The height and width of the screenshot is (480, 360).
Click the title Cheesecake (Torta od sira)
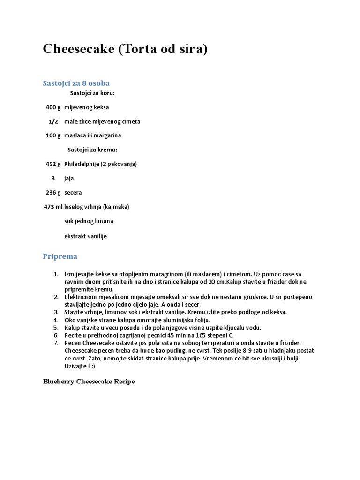coord(125,49)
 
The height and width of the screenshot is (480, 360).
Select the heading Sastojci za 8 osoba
coord(76,83)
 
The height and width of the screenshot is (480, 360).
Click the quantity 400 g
coord(53,107)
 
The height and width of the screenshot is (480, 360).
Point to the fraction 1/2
coord(53,121)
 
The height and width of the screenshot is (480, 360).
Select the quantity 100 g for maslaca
coord(53,135)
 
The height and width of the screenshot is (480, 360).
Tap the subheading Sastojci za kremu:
coord(92,150)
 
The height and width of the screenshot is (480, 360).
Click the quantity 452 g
coord(53,164)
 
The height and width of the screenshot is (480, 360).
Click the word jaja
coord(69,179)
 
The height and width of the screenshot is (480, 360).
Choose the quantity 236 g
coord(53,193)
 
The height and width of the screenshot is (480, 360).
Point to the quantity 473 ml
coord(52,207)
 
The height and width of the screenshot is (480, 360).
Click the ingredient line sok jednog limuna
coord(89,221)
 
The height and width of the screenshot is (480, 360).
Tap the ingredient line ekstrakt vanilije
coord(85,236)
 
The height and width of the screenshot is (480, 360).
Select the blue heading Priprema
coord(60,256)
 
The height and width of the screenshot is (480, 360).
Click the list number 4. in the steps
coord(55,320)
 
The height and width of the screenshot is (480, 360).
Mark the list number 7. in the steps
coord(55,343)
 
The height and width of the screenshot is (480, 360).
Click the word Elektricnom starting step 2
coord(81,297)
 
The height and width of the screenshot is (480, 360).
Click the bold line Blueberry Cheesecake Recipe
coord(89,382)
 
